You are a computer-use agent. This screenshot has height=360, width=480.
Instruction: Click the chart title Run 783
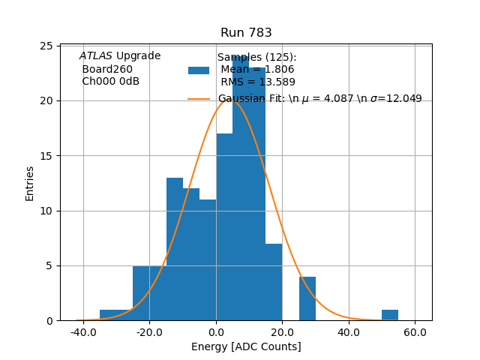coord(246,33)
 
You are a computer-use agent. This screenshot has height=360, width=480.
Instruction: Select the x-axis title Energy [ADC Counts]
coord(246,346)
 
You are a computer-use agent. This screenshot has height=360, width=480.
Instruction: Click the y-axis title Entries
coord(30,183)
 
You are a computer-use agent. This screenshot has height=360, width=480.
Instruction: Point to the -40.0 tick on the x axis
coord(82,331)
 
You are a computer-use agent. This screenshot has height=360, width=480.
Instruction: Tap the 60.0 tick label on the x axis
coord(415,331)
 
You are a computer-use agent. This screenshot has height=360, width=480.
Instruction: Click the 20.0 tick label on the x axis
coord(282,331)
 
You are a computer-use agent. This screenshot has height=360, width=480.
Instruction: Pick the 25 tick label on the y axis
coord(46,46)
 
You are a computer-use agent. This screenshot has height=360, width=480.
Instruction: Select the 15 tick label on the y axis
coord(46,156)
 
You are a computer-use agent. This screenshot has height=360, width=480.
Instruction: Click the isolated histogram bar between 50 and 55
coord(390,315)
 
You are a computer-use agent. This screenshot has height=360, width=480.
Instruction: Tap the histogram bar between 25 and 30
coord(307,298)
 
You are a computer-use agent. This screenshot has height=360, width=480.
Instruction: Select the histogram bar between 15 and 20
coord(274,282)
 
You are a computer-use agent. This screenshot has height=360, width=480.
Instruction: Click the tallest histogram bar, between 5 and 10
coord(241,187)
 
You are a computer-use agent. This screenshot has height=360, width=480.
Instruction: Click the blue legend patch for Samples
coord(199,70)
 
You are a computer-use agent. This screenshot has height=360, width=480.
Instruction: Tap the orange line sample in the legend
coord(199,98)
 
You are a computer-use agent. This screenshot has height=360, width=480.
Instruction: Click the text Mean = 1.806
coord(257,70)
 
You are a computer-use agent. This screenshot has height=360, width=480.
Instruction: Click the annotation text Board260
coord(107,69)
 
